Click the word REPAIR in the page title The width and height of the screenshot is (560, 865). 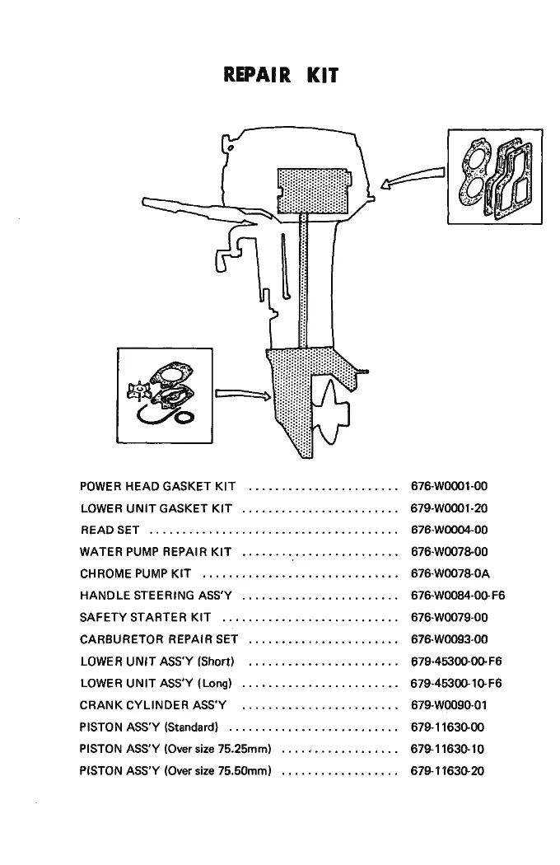point(257,74)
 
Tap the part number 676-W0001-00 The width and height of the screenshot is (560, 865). point(449,486)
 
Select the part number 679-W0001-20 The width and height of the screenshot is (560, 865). point(449,508)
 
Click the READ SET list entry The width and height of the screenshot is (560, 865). point(110,531)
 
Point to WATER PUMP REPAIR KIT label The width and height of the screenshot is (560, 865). point(156,552)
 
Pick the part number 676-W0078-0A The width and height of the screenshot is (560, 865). point(450,573)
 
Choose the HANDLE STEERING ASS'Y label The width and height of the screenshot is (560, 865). point(156,596)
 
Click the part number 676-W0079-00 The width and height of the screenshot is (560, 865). point(449,617)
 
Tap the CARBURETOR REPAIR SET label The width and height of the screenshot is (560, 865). point(159,639)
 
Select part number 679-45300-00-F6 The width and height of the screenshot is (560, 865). point(456,661)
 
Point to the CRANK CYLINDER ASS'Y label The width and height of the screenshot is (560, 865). point(153,705)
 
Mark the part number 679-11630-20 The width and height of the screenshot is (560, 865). point(447,770)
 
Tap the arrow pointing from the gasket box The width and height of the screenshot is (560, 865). point(413,178)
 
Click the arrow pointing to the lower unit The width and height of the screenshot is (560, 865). point(243,394)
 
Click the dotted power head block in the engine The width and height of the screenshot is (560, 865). point(314,191)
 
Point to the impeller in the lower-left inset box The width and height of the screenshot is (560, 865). point(139,391)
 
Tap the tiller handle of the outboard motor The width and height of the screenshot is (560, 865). point(198,211)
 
